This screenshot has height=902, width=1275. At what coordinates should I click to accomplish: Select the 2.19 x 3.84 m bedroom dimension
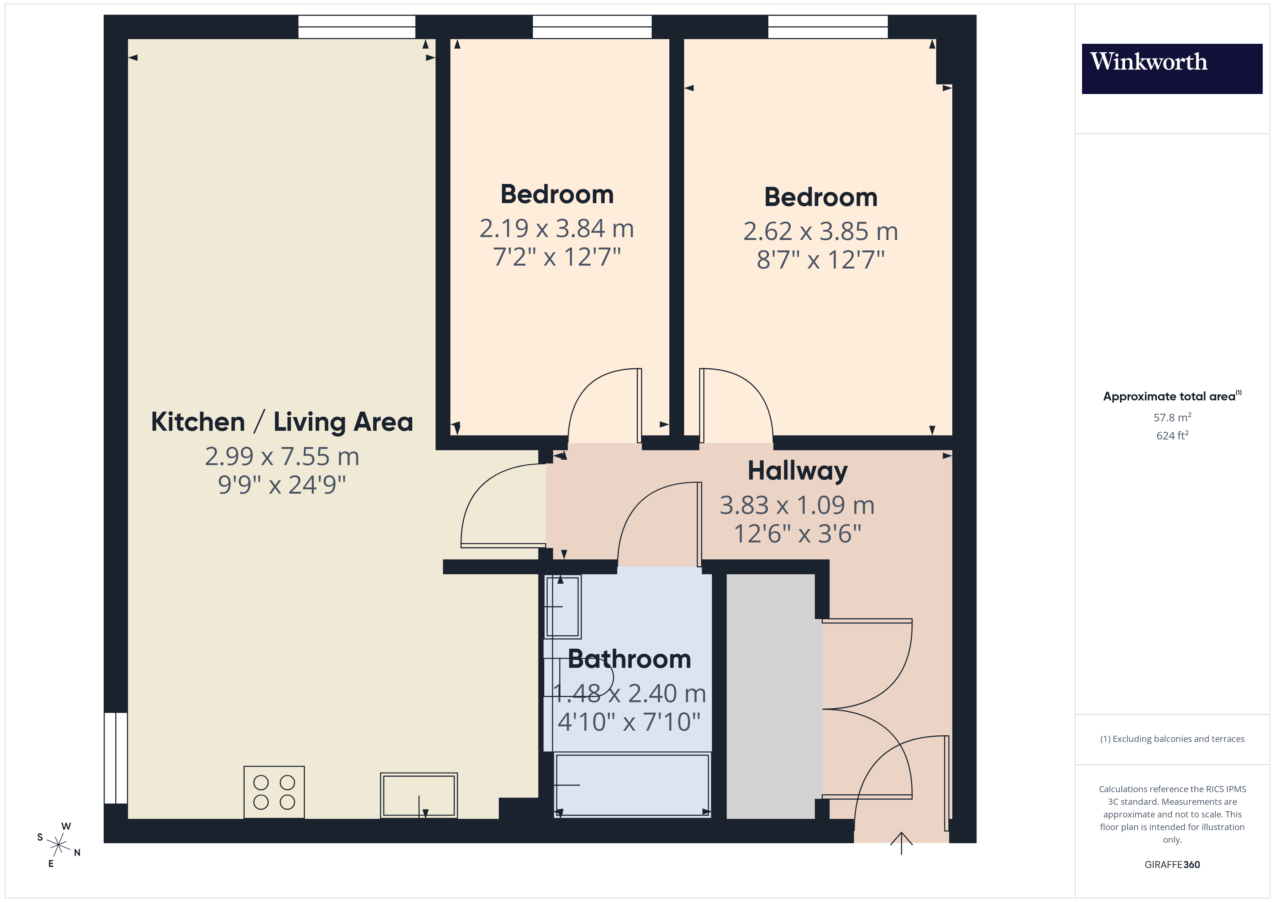tap(557, 228)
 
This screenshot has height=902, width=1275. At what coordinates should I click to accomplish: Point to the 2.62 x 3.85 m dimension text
tap(820, 231)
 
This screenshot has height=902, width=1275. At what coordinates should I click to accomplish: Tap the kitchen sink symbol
tap(419, 795)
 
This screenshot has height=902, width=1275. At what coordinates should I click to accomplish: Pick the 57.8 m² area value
tap(1172, 417)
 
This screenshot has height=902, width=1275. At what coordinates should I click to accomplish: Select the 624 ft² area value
tap(1172, 435)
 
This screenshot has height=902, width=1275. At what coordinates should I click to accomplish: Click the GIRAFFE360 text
tap(1172, 865)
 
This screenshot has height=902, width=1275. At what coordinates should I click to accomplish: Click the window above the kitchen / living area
tap(356, 27)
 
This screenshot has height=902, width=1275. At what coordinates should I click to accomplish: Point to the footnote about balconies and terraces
tap(1172, 739)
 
